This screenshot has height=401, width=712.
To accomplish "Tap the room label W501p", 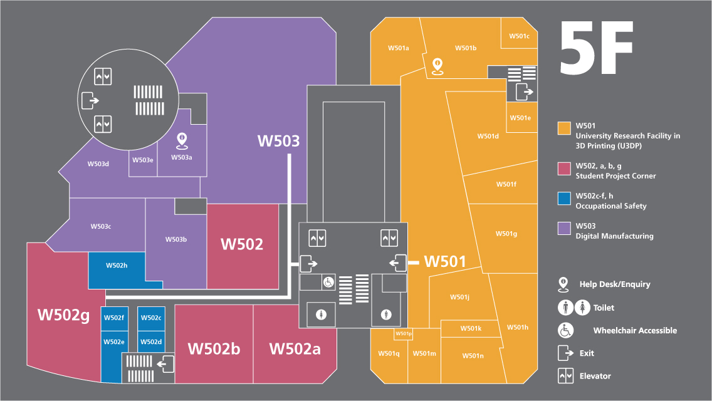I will (x=403, y=334).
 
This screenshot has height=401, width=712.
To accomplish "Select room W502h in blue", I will (x=116, y=266).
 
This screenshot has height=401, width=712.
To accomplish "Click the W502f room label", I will (x=114, y=318).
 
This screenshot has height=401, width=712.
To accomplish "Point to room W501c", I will (x=519, y=36).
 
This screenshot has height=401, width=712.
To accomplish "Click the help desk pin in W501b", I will (x=438, y=65).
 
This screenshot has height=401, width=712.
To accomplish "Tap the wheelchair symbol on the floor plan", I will (x=328, y=283).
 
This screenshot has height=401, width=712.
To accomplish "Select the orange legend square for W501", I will (x=564, y=128).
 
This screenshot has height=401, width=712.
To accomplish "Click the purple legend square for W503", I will (x=564, y=229).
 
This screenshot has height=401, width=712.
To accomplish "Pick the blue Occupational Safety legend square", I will (x=564, y=199).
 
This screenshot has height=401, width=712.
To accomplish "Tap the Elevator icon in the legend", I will (x=565, y=376).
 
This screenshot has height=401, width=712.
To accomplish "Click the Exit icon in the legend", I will (x=565, y=353).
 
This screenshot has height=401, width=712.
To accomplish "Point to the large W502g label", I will (x=63, y=315).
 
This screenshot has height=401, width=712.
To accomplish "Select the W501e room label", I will (x=520, y=118).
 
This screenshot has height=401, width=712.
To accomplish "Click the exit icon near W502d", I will (x=165, y=363).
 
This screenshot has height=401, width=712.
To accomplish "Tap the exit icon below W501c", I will (x=525, y=93).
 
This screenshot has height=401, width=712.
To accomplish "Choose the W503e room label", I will (x=143, y=160).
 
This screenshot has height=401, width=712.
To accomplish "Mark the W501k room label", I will (x=471, y=328).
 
